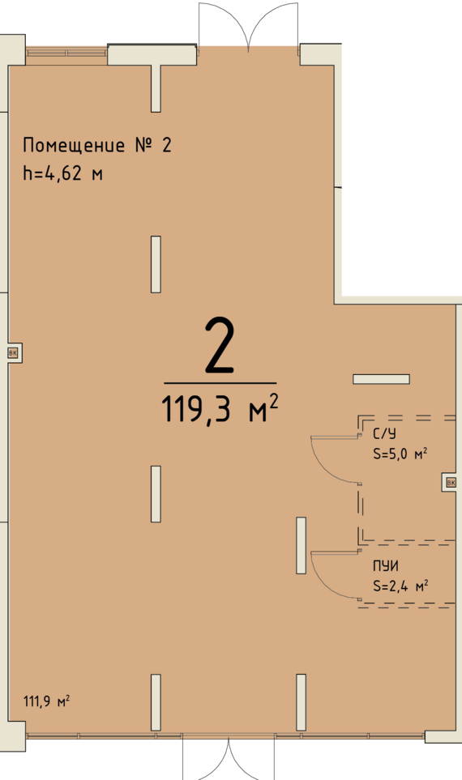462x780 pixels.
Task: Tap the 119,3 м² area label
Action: point(220,408)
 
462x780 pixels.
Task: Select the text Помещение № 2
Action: point(97,145)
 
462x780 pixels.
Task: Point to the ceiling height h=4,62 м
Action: point(62,173)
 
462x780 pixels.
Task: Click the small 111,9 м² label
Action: point(46,701)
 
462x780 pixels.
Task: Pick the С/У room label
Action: point(384,434)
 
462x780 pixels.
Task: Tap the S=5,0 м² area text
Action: point(400,454)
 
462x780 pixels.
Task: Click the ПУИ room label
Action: point(385,566)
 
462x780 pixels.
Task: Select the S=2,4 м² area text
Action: point(400,586)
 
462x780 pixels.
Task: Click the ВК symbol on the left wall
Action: point(13,353)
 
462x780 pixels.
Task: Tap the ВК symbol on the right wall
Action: point(451,482)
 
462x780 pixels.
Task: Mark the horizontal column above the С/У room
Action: point(381,379)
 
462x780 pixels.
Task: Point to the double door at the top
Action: point(248,25)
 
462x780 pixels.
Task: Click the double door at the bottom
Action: point(229,757)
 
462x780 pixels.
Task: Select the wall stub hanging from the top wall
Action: point(156,87)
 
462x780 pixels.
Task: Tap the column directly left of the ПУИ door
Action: point(302,545)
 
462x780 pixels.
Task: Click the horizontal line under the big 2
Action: point(220,383)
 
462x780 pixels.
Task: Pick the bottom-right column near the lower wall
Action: point(302,702)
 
